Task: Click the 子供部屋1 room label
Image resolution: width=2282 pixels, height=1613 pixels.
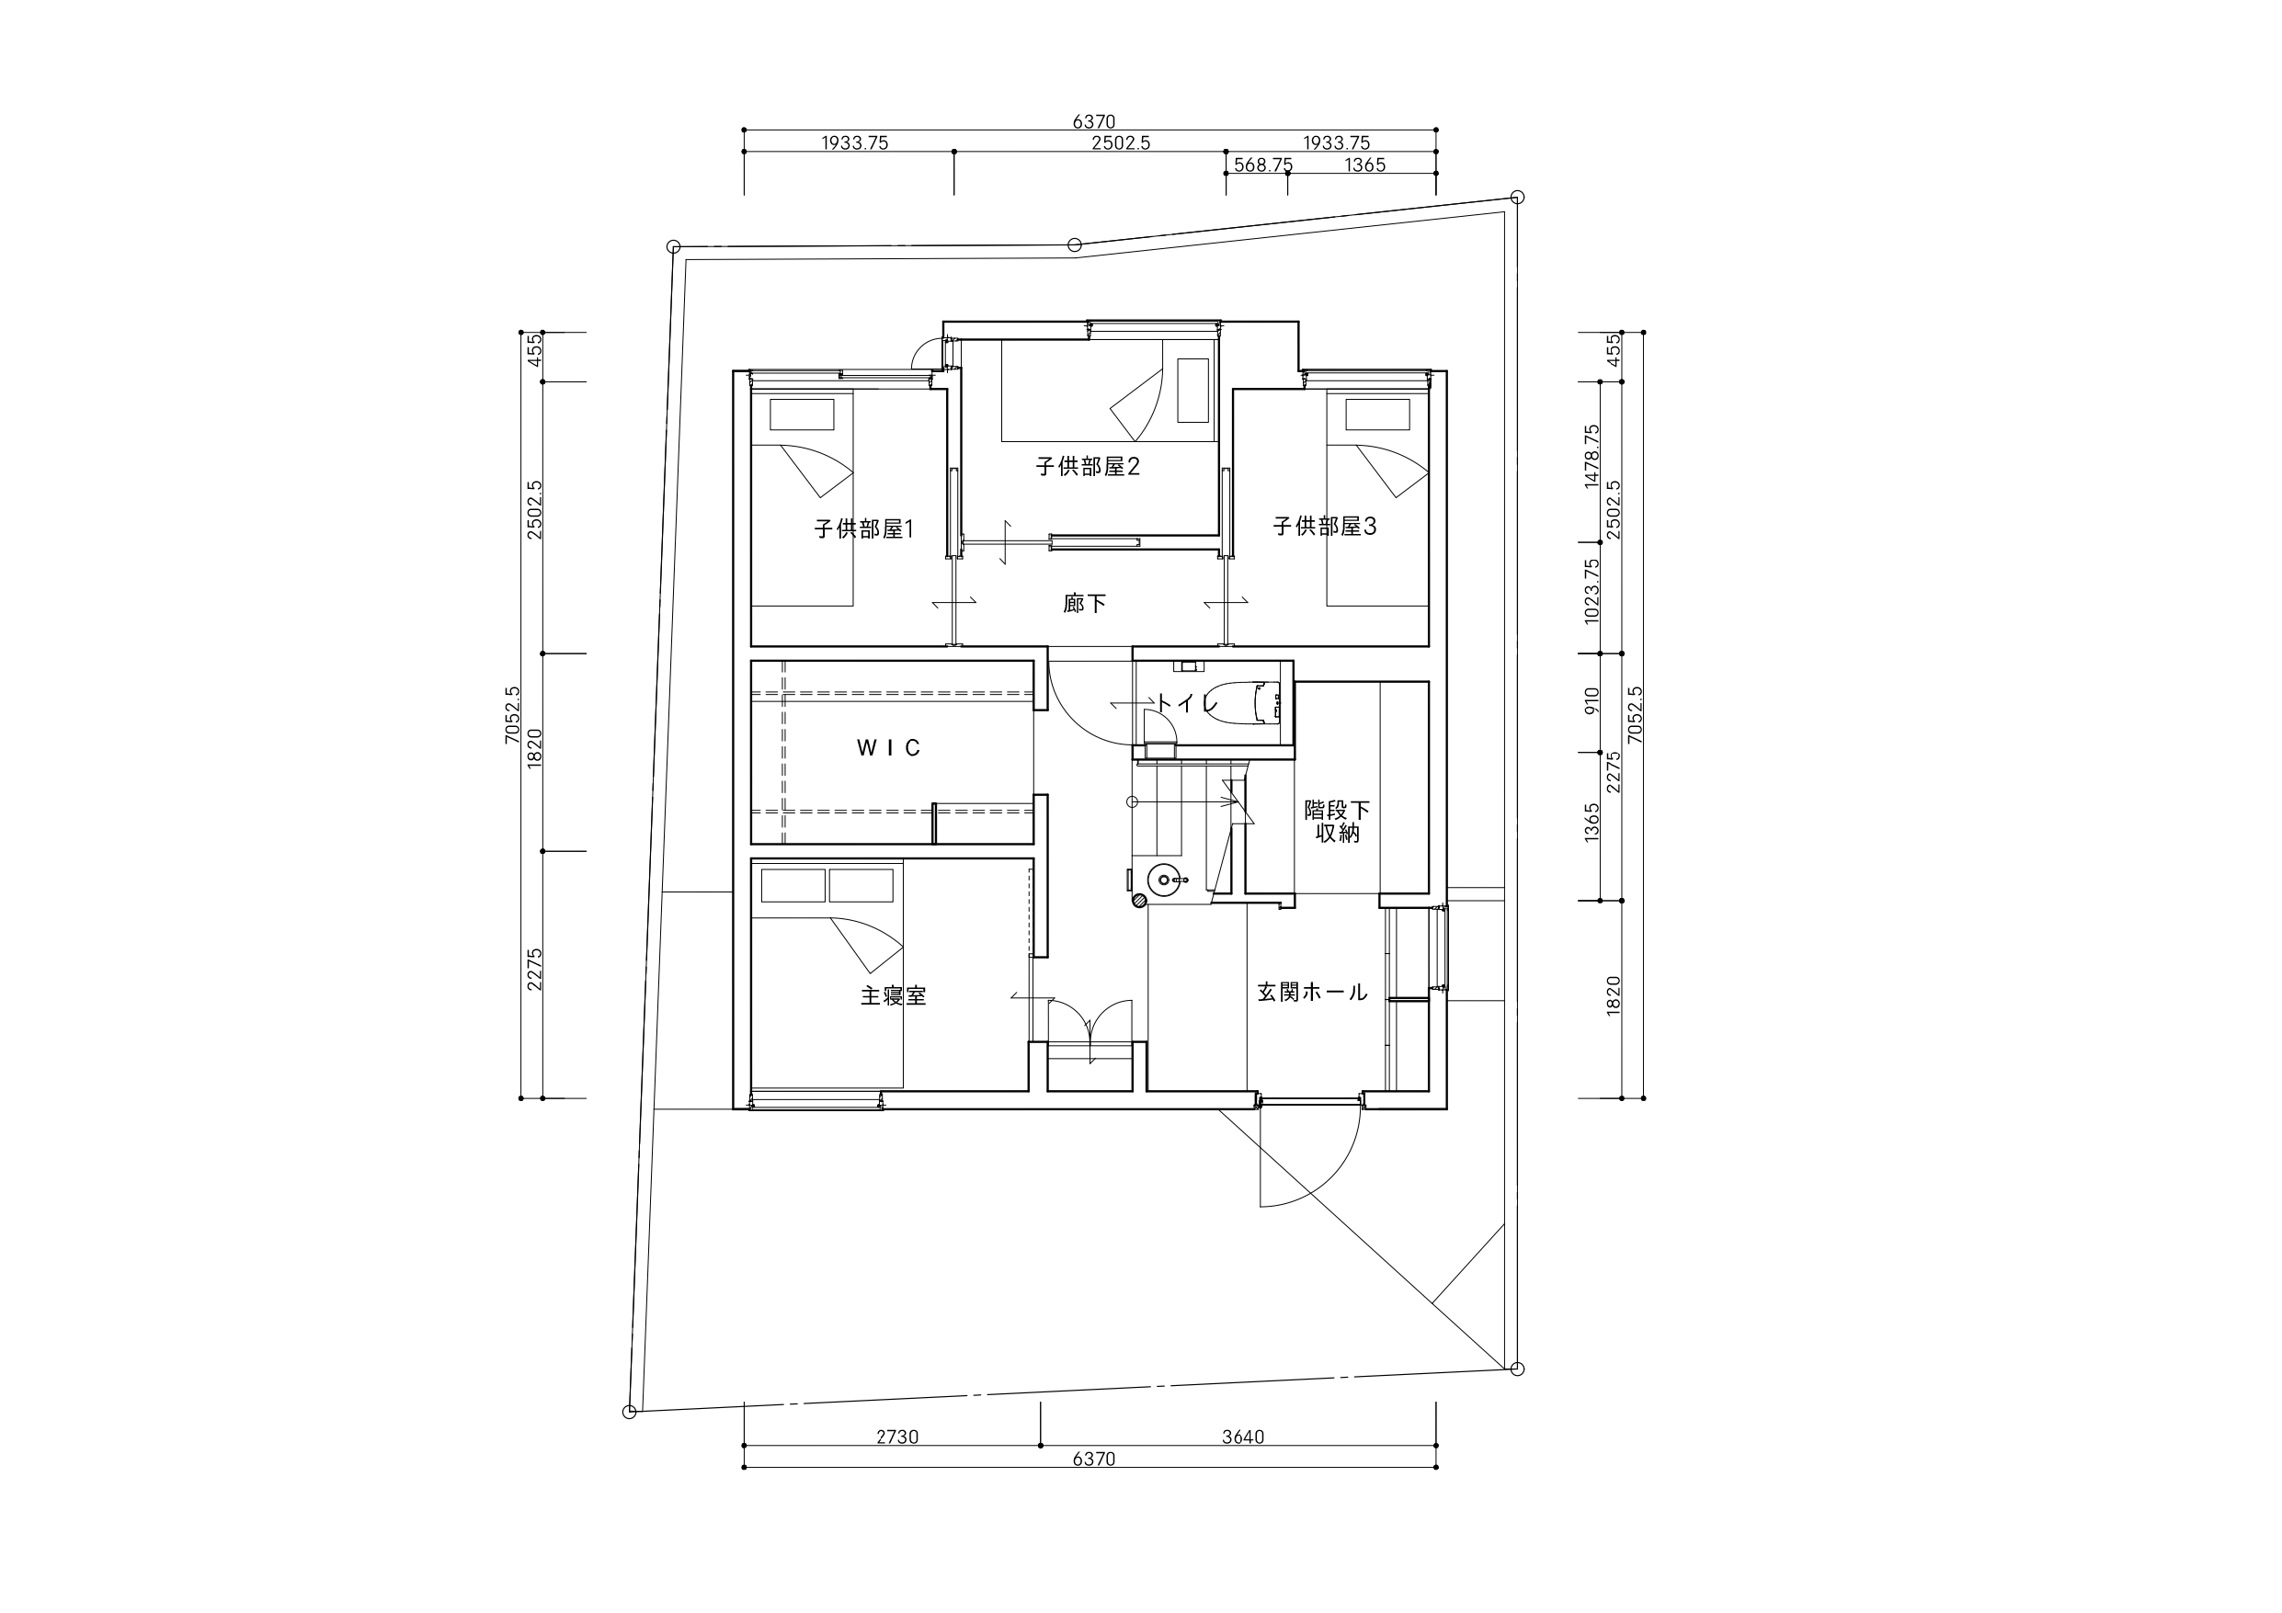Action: coord(863,528)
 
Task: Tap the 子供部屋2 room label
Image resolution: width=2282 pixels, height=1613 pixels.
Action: coord(1088,466)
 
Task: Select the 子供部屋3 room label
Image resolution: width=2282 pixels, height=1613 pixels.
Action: coord(1325,527)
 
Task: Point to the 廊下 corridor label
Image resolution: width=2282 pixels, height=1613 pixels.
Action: coord(1084,603)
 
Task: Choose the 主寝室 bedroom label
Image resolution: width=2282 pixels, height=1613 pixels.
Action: coord(894,995)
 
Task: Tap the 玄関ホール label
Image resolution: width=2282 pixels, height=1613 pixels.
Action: coord(1313,992)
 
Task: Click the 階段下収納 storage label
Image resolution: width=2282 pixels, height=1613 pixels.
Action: coord(1337,822)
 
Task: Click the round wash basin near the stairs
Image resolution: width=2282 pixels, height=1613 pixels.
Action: coord(1166,880)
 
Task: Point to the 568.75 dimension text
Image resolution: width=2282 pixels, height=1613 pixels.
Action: coord(1262,165)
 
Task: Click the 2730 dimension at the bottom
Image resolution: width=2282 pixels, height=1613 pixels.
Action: coord(897,1437)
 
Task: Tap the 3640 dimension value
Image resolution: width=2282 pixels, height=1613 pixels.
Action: coord(1242,1437)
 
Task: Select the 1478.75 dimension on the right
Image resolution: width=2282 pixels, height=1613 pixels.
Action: coord(1592,456)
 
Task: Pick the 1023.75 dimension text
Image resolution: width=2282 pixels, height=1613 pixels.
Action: coord(1592,591)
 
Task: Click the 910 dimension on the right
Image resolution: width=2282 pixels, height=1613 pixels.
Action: coord(1592,701)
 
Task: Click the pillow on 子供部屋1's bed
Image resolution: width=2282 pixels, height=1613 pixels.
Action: coord(802,415)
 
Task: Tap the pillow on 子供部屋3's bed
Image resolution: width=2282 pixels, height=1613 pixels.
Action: coord(1377,415)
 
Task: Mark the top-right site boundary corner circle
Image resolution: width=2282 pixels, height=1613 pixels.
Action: coord(1517,197)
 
